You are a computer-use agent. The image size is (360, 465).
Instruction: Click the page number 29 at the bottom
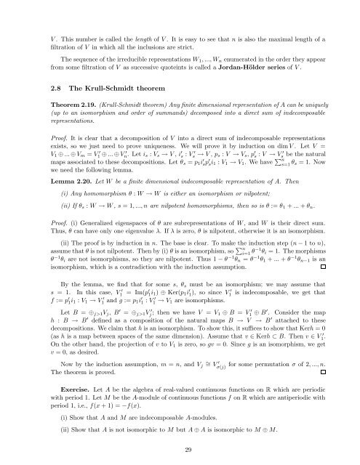[x=180, y=450]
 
